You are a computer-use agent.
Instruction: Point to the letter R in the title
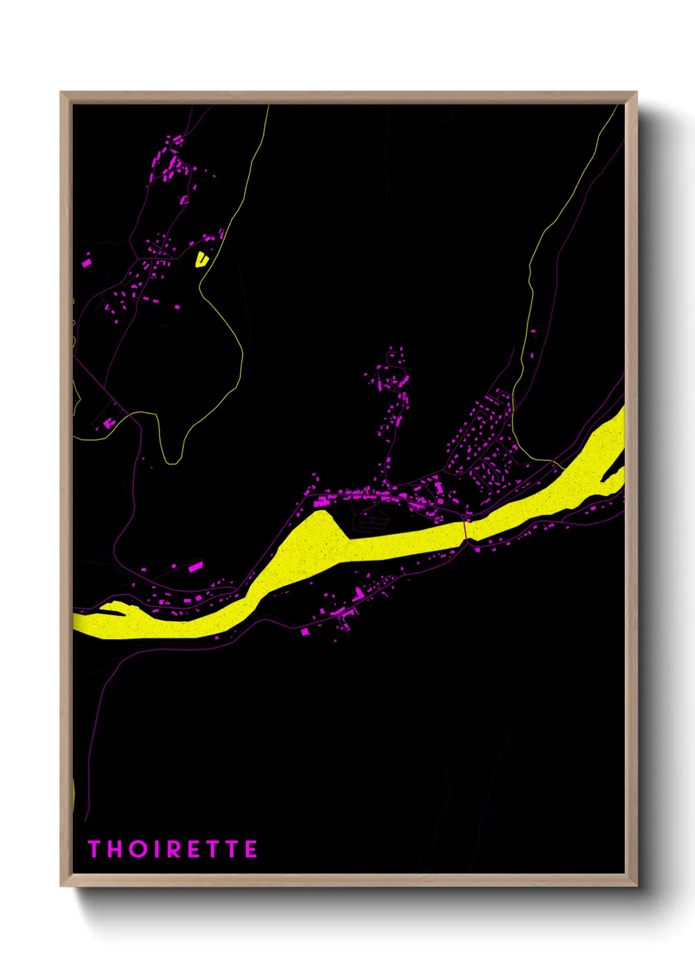(175, 849)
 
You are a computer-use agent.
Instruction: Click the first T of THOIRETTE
(95, 849)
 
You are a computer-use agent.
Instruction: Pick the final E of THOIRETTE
(250, 849)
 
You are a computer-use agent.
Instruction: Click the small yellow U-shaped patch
(201, 260)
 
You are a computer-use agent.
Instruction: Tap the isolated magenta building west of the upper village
(86, 263)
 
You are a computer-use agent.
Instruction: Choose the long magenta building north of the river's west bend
(196, 566)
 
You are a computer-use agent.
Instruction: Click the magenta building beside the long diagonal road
(108, 424)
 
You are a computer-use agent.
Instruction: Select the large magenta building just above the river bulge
(321, 502)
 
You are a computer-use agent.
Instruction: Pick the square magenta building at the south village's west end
(305, 632)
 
